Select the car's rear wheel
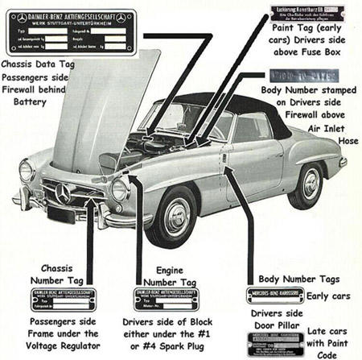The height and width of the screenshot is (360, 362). coord(311,184)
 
